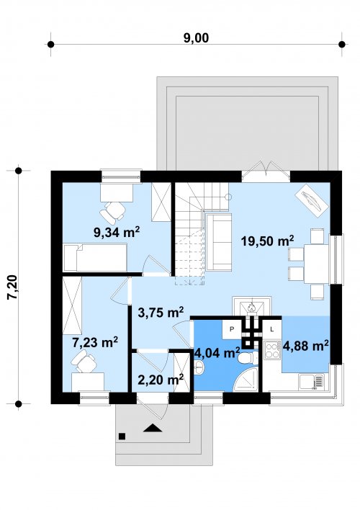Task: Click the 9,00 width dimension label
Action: pos(196,38)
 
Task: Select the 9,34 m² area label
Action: pos(117,232)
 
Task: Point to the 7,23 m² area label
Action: pos(95,342)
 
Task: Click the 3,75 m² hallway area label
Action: pos(161,312)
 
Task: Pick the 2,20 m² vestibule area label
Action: pos(161,379)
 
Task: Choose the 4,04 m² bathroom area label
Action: pos(217,353)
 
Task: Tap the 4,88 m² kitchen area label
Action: pos(305,346)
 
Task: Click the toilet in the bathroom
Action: pos(248,358)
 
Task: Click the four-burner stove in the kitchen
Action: pos(273,350)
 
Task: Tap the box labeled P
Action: pos(232,329)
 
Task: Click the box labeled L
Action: pos(272,329)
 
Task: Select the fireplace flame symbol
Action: pos(251,306)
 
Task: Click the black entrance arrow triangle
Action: pos(153,428)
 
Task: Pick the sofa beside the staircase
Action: pos(219,241)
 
